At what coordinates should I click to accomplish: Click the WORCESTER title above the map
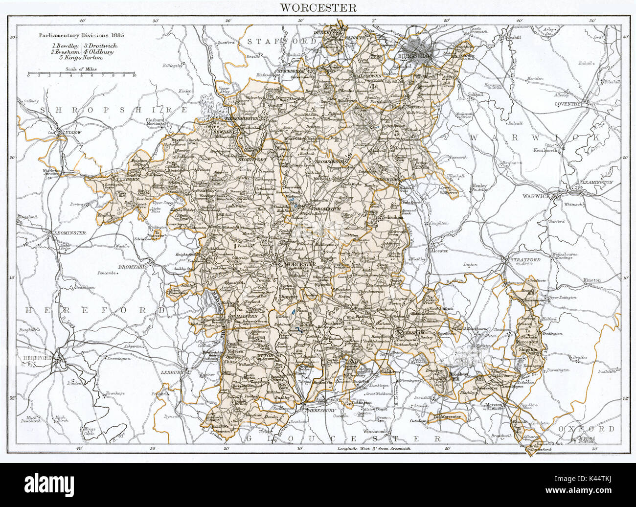[x=318, y=8]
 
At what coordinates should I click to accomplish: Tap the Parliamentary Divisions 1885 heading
[x=80, y=35]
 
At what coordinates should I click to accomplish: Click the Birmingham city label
[x=419, y=56]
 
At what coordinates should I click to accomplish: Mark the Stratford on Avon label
[x=526, y=260]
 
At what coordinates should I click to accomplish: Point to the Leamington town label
[x=596, y=182]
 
